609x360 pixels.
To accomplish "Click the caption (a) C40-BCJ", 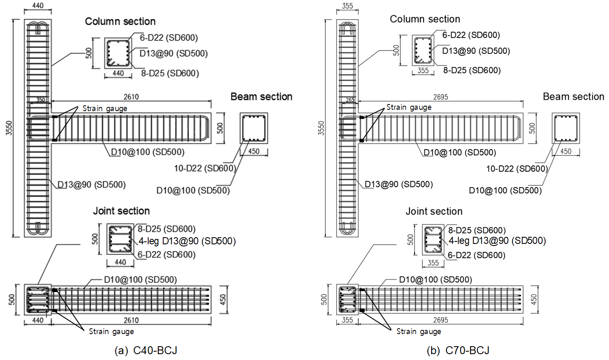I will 146,350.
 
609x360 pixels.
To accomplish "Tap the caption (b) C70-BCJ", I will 458,350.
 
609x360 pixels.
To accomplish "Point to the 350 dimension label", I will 40,100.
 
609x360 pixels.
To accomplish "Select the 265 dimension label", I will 350,100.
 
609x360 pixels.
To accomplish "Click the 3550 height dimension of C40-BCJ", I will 9,128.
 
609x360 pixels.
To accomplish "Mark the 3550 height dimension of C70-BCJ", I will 321,128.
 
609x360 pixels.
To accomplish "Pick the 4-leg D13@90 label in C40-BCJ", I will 187,241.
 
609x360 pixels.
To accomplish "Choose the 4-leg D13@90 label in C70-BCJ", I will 497,241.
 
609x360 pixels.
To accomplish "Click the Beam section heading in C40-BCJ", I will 261,96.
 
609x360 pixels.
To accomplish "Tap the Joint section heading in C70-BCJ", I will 434,211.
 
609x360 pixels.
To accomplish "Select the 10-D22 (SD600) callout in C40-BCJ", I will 205,168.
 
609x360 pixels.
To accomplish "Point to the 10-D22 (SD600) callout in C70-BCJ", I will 517,169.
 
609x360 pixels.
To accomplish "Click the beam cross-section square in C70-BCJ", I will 566,128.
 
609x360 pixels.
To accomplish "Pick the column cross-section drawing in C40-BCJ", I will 118,53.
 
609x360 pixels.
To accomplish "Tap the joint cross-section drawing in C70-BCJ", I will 433,240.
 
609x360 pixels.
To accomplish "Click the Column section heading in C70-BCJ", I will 425,19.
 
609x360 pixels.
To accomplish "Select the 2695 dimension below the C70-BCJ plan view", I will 440,320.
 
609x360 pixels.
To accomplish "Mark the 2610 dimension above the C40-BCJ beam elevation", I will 131,97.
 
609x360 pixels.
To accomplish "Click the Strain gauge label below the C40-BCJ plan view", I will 111,331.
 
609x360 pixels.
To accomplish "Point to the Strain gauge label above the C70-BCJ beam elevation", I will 409,107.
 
